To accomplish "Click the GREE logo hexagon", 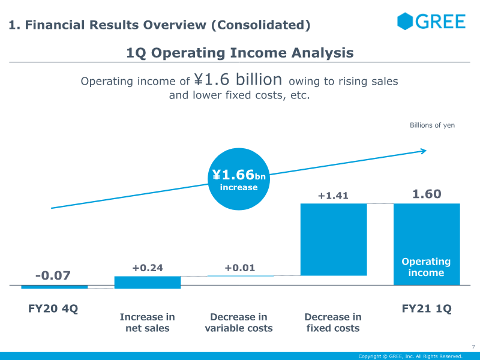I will tap(406, 21).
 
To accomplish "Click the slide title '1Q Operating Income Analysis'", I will tap(240, 53).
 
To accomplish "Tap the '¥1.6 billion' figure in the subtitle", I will tap(238, 80).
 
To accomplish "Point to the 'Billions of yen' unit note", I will tap(432, 125).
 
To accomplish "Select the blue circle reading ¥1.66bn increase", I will tap(238, 179).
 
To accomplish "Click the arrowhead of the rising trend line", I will tap(423, 151).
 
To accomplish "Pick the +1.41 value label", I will tap(333, 195).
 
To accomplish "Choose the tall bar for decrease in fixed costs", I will tap(333, 239).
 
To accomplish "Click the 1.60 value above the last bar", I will tap(427, 194).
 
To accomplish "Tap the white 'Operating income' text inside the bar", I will tap(426, 267).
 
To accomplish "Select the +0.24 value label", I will tap(148, 268).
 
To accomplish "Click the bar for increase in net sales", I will tap(148, 282).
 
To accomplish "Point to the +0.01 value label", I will tap(240, 268).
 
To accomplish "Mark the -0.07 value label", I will tap(53, 275).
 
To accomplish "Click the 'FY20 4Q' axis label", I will tap(53, 309).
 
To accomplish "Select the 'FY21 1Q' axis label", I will tap(427, 309).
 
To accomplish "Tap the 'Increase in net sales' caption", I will tap(148, 322).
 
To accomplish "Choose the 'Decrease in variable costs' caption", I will tap(239, 322).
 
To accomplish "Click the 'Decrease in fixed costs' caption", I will tap(333, 322).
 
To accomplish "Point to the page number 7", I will tap(473, 347).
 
